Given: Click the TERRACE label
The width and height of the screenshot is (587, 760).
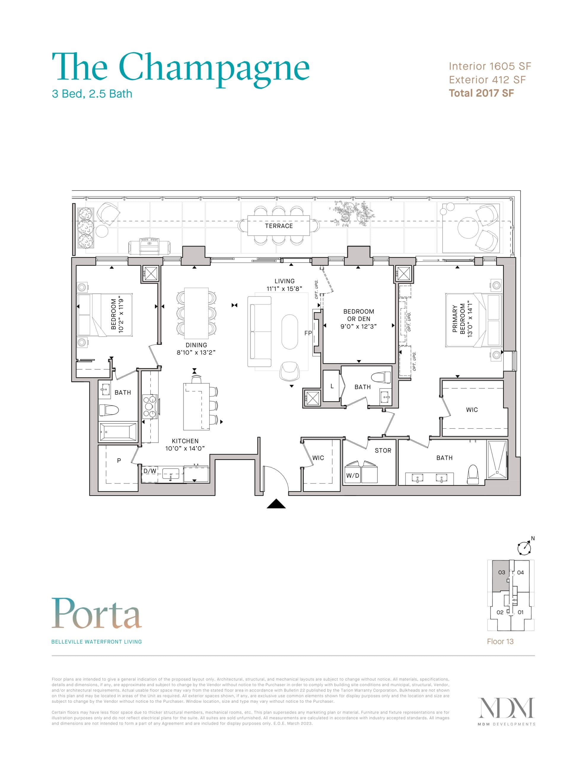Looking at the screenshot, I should [x=279, y=226].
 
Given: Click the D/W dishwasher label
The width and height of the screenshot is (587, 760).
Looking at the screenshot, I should [x=150, y=471].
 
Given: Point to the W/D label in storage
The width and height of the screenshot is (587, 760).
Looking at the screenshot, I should [x=353, y=476].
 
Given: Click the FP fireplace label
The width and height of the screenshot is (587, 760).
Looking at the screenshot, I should [x=308, y=333].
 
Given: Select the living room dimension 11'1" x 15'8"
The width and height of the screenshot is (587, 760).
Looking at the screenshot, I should [x=284, y=289].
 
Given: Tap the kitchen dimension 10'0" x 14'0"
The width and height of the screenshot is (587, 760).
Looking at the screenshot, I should [x=185, y=449].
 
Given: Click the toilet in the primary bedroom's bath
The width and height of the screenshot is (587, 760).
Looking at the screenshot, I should [x=473, y=475].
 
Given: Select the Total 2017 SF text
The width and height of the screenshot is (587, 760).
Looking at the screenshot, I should [x=481, y=93].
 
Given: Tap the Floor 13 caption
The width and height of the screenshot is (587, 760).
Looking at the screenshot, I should [x=500, y=641].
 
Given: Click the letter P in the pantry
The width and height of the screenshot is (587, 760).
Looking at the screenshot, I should [x=119, y=460].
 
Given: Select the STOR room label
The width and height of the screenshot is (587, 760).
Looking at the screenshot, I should [x=383, y=450].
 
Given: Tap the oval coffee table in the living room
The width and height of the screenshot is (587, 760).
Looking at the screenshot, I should [x=290, y=332].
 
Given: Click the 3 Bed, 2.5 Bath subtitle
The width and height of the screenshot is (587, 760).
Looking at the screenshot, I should [x=92, y=94].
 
